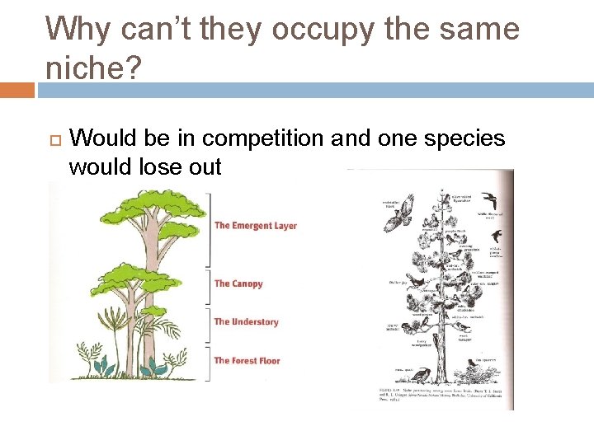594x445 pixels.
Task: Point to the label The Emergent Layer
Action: [255, 226]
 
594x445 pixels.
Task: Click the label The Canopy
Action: [238, 283]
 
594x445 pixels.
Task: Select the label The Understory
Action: [246, 322]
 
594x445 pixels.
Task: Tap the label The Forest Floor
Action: [247, 361]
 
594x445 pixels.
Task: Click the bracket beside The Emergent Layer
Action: [210, 227]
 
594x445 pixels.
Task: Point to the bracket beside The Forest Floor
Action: [210, 363]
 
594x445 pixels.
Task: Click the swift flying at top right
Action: [492, 200]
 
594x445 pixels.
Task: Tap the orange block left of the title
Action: [16, 90]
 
